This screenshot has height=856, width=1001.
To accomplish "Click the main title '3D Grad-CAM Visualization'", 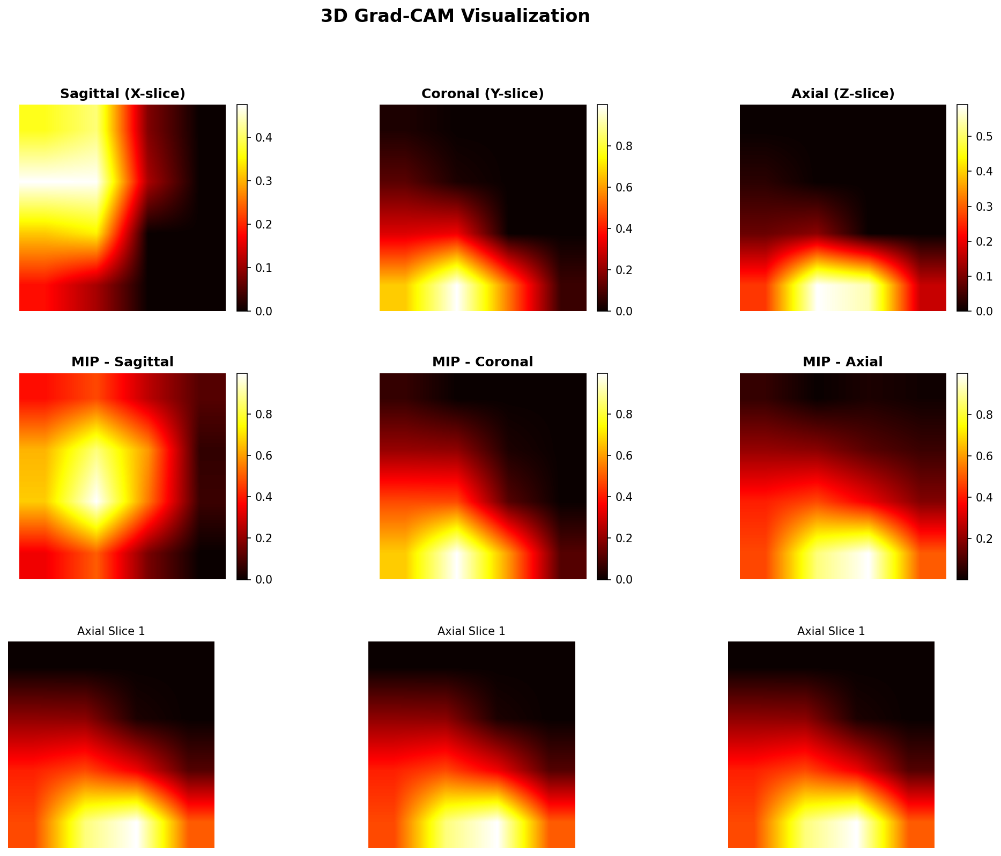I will (x=455, y=16).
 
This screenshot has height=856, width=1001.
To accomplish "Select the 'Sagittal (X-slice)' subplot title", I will (x=122, y=94).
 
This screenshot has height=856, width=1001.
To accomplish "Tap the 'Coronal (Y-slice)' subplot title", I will (x=483, y=94).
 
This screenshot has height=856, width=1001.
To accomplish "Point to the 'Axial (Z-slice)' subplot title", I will (x=843, y=94).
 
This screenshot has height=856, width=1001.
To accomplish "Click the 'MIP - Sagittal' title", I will (x=122, y=362).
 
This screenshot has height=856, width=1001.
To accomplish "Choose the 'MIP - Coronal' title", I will (x=483, y=362).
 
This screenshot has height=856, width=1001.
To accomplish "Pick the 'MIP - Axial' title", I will (x=843, y=362).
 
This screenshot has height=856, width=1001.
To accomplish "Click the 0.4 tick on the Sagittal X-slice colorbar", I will (x=263, y=138).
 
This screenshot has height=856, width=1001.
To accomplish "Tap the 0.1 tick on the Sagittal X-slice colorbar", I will (x=263, y=268).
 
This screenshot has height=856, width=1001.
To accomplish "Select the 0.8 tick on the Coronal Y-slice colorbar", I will (x=624, y=146).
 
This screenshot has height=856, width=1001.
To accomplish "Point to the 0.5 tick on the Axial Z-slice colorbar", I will (x=984, y=137).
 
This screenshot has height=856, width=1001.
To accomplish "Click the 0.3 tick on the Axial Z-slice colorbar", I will (x=984, y=206).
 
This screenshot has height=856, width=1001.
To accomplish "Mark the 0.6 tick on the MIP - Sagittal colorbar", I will (x=263, y=455).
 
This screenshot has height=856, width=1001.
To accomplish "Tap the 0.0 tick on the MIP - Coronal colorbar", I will (x=624, y=579).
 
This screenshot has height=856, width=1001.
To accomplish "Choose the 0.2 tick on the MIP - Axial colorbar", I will (x=984, y=538).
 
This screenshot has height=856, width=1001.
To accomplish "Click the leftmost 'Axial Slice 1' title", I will (x=111, y=631).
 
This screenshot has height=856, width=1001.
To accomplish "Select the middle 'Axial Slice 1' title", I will (x=471, y=631).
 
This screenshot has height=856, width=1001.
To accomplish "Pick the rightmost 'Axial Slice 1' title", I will (x=831, y=631).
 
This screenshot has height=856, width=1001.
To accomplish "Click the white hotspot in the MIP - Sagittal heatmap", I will (x=97, y=499).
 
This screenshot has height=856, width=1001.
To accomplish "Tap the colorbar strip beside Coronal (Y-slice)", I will (x=602, y=208).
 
